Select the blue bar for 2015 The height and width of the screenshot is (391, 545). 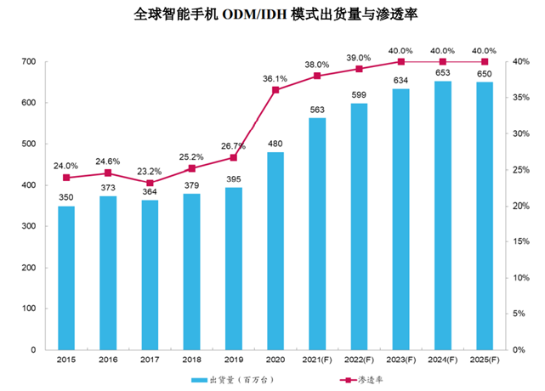pyautogui.click(x=66, y=277)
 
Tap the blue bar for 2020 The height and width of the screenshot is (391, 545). pyautogui.click(x=275, y=251)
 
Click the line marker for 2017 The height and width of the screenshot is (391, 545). pyautogui.click(x=150, y=183)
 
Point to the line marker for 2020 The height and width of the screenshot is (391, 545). pyautogui.click(x=275, y=89)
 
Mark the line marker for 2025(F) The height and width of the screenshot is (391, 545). pyautogui.click(x=485, y=62)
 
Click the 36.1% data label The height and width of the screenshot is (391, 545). pyautogui.click(x=275, y=78)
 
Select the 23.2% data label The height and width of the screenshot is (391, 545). pyautogui.click(x=150, y=171)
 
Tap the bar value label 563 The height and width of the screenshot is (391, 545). pyautogui.click(x=316, y=108)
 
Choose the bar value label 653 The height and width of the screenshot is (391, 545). pyautogui.click(x=443, y=71)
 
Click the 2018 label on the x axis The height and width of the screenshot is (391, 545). pyautogui.click(x=191, y=360)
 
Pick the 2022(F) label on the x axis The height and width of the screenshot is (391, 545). pyautogui.click(x=358, y=360)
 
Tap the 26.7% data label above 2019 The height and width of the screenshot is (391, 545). pyautogui.click(x=233, y=145)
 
